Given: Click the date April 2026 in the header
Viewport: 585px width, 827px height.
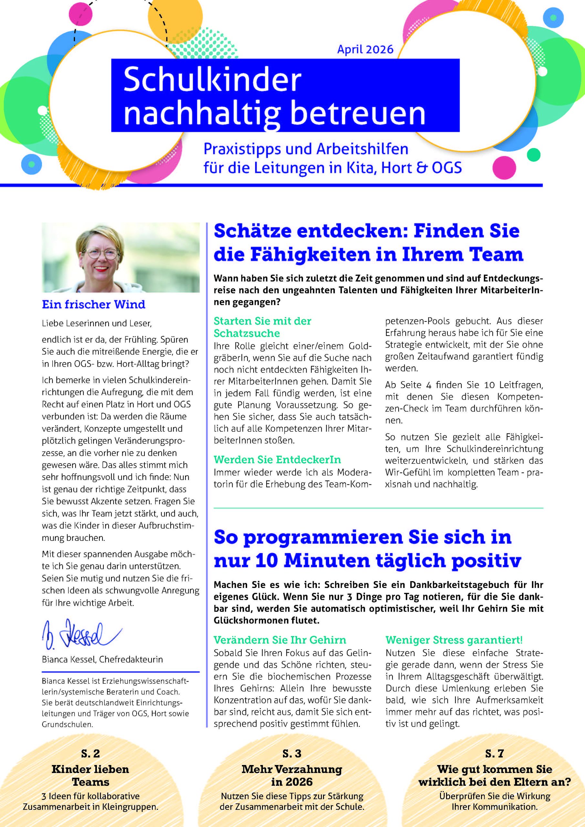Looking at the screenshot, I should (x=365, y=49).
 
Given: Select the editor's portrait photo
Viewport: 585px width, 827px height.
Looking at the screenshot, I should (x=121, y=257).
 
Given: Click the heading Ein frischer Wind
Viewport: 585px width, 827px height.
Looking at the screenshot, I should (x=94, y=304).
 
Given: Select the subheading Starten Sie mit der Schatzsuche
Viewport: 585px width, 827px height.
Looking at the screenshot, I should (x=262, y=327).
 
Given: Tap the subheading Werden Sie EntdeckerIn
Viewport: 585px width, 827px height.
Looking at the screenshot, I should (x=277, y=460).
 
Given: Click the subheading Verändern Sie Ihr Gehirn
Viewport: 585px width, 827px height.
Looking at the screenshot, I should (x=280, y=640).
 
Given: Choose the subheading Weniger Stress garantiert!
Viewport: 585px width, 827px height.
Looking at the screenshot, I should (x=454, y=640).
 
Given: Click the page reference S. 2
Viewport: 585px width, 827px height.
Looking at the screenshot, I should (x=90, y=754).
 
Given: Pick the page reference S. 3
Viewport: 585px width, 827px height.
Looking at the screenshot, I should (x=292, y=754).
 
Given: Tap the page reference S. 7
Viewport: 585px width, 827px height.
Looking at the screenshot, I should (x=494, y=754).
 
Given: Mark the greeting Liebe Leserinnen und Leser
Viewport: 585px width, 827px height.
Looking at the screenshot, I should (x=97, y=323).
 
